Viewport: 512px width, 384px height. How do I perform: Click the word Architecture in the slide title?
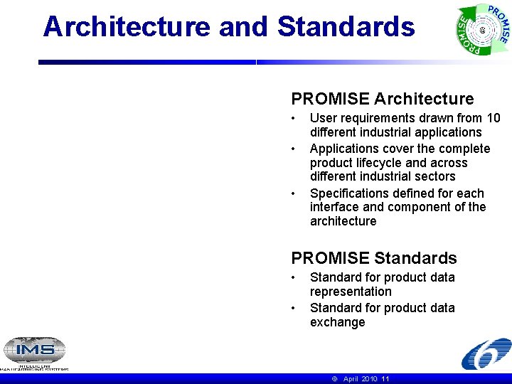[x=127, y=27]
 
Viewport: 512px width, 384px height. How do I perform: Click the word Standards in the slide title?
[x=346, y=27]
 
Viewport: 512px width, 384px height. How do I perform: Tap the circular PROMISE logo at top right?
[x=483, y=30]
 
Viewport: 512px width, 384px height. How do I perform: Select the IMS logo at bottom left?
[x=34, y=351]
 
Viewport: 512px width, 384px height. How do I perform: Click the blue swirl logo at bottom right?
[x=485, y=354]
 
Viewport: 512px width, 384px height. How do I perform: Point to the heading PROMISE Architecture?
[x=382, y=99]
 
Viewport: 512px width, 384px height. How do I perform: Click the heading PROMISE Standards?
[x=374, y=258]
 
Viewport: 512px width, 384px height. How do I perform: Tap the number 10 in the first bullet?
[x=493, y=118]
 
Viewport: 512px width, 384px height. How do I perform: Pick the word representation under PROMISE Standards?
[x=351, y=292]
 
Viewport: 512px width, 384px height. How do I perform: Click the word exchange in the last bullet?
[x=337, y=322]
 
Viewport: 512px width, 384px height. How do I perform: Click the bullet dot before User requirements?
[x=294, y=118]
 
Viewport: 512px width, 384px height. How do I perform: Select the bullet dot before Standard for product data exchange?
[x=294, y=308]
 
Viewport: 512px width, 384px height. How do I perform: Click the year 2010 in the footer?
[x=370, y=379]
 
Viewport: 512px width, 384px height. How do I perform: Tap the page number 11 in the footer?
[x=385, y=379]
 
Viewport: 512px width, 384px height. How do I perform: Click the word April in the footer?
[x=351, y=379]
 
